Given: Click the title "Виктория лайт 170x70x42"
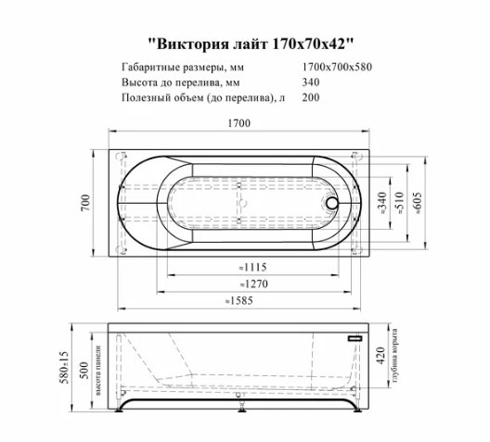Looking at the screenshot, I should coord(251,44).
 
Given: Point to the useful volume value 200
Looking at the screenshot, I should coord(312,97).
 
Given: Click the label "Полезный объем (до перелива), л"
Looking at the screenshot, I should coord(203,97).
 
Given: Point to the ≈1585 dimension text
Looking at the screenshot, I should coord(240,300).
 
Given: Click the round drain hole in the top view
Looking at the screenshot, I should coord(332,201).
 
